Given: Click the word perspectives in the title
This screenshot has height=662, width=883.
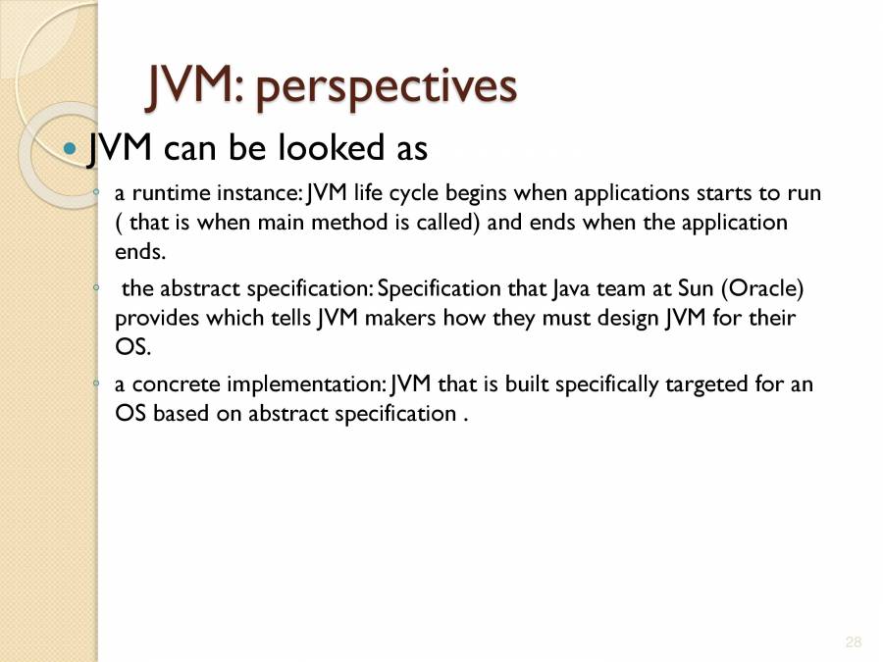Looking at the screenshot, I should [386, 88].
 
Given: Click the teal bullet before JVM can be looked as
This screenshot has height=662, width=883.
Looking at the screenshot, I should [69, 149].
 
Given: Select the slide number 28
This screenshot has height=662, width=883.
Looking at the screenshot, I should [853, 642].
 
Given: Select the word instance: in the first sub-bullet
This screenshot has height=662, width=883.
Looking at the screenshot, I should [256, 193].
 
